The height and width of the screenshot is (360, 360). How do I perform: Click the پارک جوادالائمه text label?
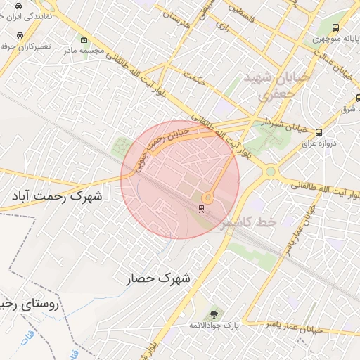[x=214, y=326]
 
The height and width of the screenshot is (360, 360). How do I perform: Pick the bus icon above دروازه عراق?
[x=319, y=132]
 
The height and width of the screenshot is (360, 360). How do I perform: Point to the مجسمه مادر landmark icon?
[x=84, y=39]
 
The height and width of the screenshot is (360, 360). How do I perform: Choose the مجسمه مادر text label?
[x=84, y=50]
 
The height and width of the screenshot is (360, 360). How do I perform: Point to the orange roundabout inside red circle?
[x=208, y=198]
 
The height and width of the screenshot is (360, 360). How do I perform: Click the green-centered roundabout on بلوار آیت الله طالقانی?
[x=271, y=172]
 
